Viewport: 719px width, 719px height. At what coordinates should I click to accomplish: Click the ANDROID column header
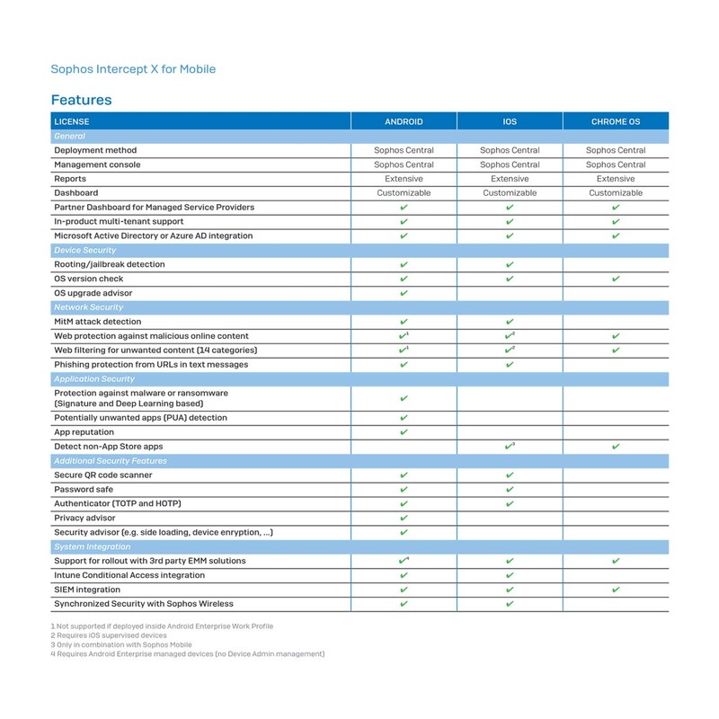[x=404, y=121]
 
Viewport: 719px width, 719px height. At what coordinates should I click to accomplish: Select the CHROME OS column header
[x=616, y=121]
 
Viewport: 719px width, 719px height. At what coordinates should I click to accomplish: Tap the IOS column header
[x=510, y=121]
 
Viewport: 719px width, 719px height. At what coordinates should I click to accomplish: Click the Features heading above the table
[x=81, y=99]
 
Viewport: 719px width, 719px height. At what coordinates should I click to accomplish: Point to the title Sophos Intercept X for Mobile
[x=133, y=68]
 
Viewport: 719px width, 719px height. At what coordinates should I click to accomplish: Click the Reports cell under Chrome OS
[x=616, y=179]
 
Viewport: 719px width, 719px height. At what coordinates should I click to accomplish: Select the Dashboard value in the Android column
[x=404, y=193]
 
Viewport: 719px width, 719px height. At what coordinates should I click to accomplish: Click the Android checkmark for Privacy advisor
[x=404, y=518]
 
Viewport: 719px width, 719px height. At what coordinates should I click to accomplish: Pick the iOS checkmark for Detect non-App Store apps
[x=510, y=446]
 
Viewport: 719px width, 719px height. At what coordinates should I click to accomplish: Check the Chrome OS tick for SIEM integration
[x=616, y=590]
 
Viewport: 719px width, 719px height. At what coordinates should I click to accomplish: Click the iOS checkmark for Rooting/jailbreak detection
[x=510, y=265]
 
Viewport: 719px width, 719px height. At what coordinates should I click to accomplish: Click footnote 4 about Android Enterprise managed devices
[x=187, y=653]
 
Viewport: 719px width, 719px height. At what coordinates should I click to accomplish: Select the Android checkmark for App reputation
[x=404, y=432]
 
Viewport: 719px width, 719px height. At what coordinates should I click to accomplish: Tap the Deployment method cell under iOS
[x=510, y=150]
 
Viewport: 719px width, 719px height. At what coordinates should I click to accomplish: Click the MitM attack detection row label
[x=97, y=322]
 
